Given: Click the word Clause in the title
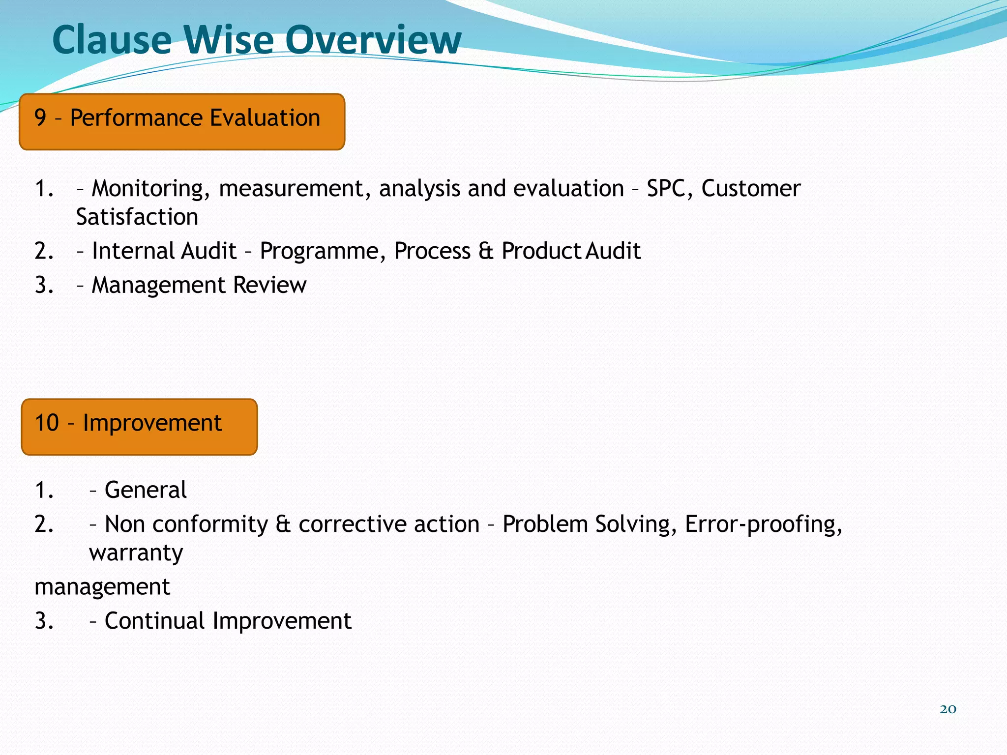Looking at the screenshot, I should coord(112,40).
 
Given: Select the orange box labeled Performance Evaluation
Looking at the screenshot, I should coord(182,121).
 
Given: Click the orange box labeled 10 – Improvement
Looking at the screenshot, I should coord(139,427).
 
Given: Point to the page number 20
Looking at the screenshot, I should coord(948,709).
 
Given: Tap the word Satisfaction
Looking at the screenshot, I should coord(137,217).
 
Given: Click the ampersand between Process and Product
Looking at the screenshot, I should coord(486,251).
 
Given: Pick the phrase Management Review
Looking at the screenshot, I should coord(199,285).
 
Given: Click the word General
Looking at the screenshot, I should coord(146,490).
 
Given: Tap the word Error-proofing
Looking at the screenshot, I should coord(763,524).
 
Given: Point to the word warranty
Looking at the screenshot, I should coord(136,553).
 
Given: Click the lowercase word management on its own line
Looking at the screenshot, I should coord(102,587).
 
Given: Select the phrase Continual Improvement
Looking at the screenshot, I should coord(228,621).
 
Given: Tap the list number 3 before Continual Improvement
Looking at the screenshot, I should coord(44,621).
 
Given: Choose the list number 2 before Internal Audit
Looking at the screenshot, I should coord(44,251).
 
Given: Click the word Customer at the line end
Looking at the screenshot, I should coord(751,188).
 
